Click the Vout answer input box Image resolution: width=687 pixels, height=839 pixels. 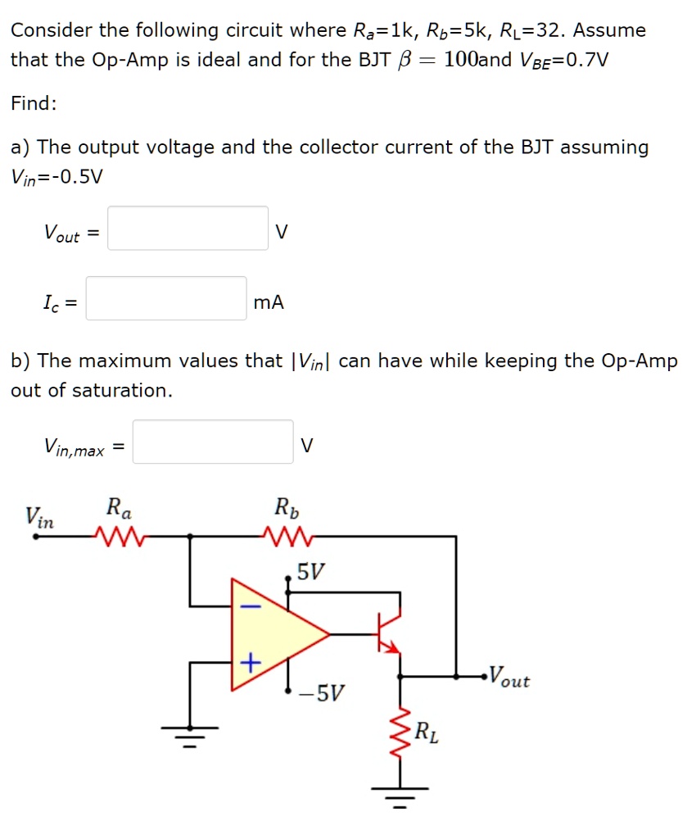[188, 228]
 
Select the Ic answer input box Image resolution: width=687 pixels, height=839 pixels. [166, 298]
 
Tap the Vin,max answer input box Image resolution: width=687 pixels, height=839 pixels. [213, 442]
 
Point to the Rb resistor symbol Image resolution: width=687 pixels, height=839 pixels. [287, 537]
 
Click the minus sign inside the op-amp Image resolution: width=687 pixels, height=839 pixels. [251, 606]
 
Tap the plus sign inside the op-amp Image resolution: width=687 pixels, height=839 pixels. [251, 659]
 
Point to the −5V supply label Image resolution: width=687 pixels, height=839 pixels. [322, 695]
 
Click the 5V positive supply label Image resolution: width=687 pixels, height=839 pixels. [310, 571]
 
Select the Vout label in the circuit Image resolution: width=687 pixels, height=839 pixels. [508, 679]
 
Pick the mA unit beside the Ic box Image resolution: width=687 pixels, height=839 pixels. [269, 302]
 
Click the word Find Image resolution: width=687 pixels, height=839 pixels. [34, 103]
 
